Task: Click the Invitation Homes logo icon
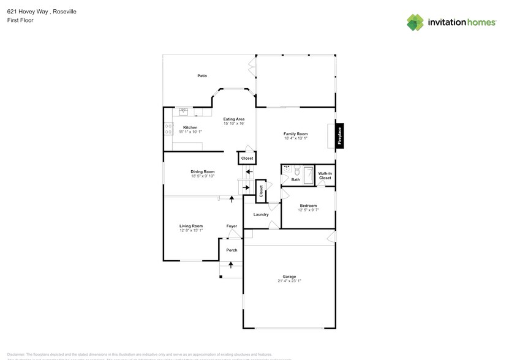point(415,23)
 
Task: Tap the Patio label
point(202,76)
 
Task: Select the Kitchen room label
point(190,127)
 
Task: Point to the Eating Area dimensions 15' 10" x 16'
point(234,124)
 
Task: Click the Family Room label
point(295,133)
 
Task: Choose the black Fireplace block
point(340,136)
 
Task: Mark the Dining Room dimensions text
point(202,176)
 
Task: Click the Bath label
point(296,179)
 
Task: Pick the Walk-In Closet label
point(325,176)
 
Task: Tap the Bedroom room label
point(308,205)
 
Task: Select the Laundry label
point(261,214)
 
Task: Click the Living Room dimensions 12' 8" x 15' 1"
point(191,231)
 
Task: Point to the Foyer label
point(232,226)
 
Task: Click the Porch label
point(232,250)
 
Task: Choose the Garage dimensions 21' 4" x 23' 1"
point(289,281)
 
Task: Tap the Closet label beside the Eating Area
point(247,159)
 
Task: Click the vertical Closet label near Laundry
point(261,192)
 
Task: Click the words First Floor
point(21,20)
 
